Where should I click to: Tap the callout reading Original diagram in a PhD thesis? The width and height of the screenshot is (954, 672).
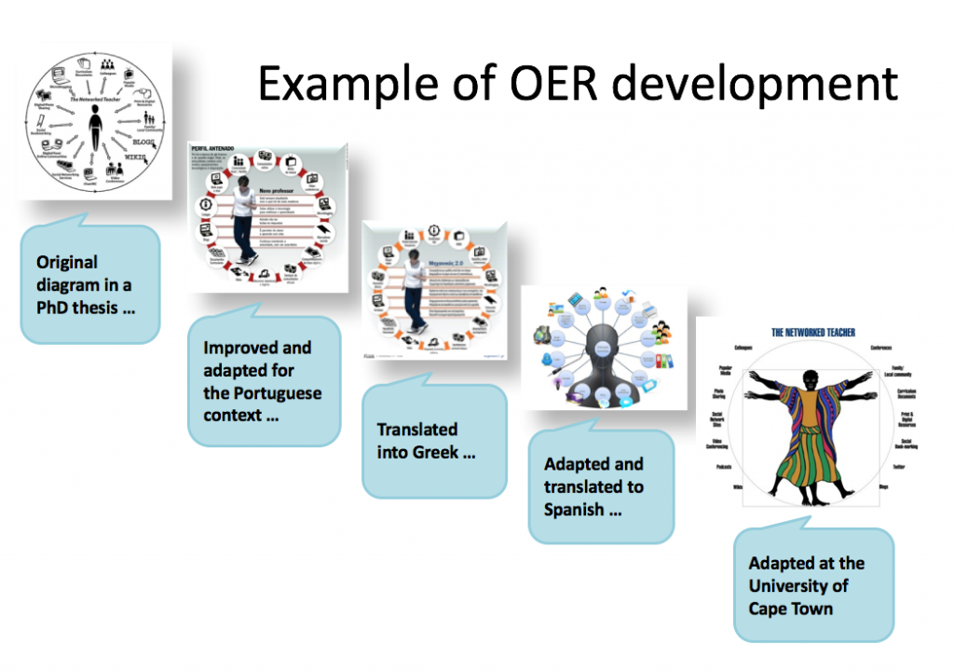[x=89, y=283]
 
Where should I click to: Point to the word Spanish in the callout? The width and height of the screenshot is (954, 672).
[x=578, y=510]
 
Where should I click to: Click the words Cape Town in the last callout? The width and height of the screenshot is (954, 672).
[x=791, y=609]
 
